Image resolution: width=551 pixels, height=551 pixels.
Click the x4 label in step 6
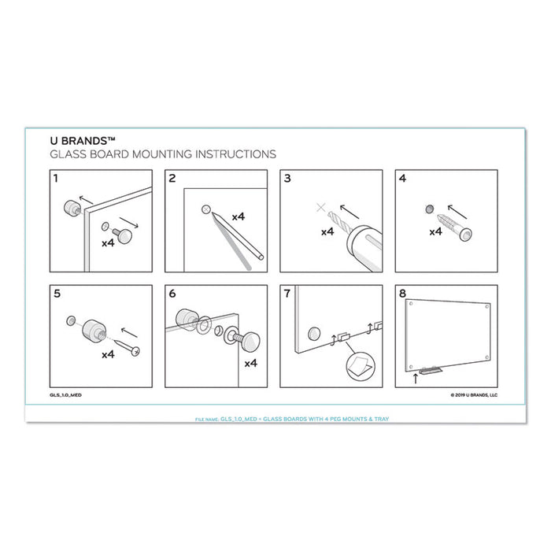point(251,363)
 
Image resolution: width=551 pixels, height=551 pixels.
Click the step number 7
point(288,295)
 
